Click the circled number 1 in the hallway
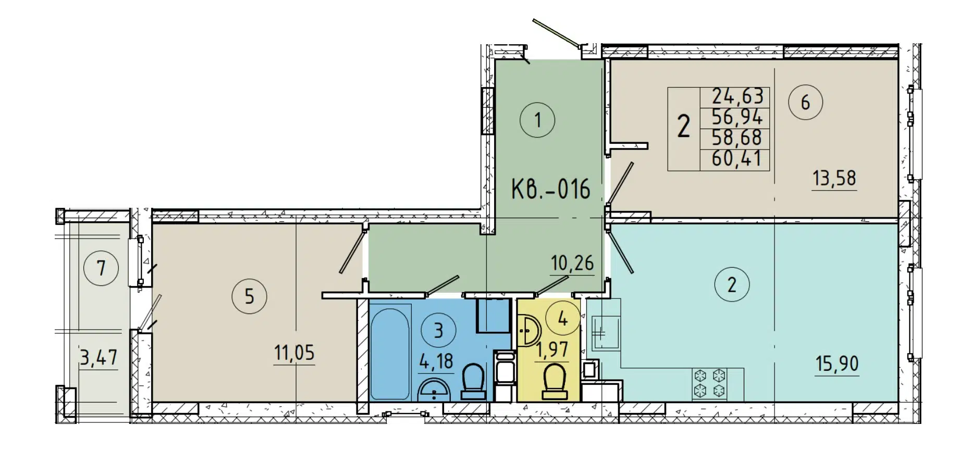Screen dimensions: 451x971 (x=537, y=120)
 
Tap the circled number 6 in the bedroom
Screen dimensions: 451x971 (x=805, y=103)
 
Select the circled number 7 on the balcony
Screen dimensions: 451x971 (x=101, y=268)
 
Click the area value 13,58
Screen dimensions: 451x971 (x=834, y=179)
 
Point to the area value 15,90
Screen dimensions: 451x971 (x=837, y=364)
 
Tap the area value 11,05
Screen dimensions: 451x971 (x=294, y=353)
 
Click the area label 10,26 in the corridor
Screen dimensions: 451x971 (x=572, y=264)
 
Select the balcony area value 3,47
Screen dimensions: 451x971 (x=99, y=358)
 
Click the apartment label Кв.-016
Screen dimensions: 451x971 (x=550, y=189)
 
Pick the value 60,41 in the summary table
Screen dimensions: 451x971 (x=736, y=158)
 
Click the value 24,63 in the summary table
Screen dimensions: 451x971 (x=737, y=96)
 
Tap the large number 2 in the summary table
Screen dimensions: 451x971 (x=683, y=127)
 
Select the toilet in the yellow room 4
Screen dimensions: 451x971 (x=554, y=382)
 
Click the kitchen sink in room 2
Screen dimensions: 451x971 (x=605, y=332)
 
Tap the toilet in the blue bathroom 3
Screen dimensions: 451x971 (x=473, y=382)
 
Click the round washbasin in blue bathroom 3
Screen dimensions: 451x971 (x=434, y=390)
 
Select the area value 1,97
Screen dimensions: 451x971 (x=552, y=349)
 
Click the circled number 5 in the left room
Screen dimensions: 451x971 (x=249, y=297)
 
